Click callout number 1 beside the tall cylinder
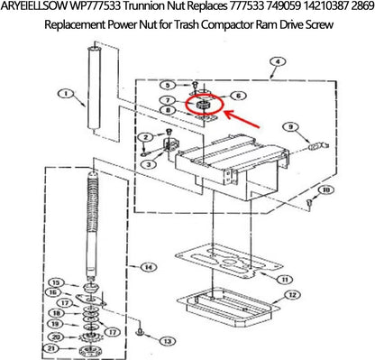[64, 92]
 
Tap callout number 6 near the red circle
[238, 96]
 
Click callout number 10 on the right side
[326, 190]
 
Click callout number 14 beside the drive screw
[148, 267]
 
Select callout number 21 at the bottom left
[54, 348]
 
